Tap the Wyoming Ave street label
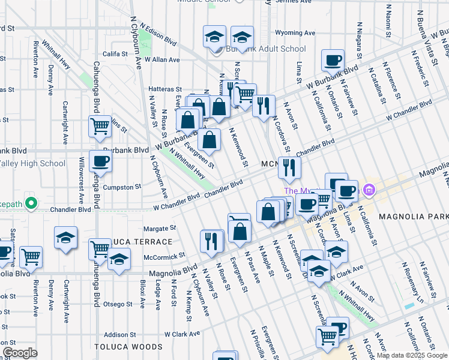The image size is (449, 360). click(x=295, y=33)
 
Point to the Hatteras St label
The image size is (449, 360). click(x=166, y=89)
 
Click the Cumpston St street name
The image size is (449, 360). click(x=122, y=187)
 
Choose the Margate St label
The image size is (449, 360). click(x=160, y=228)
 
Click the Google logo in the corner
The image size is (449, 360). click(x=20, y=353)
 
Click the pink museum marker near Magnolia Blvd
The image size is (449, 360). click(x=369, y=191)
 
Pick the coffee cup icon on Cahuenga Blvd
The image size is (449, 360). click(x=100, y=161)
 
